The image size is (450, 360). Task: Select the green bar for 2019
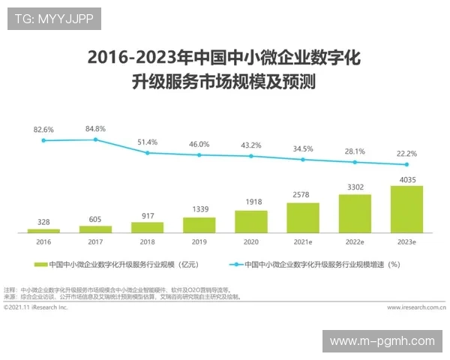(x=199, y=224)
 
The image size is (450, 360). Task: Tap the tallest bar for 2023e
(x=406, y=208)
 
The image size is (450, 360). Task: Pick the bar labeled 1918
(x=251, y=220)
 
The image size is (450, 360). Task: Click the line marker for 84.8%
(x=95, y=139)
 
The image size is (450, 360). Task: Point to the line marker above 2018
(x=148, y=152)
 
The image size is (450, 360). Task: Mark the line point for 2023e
(x=406, y=164)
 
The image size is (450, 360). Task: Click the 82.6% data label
(x=43, y=129)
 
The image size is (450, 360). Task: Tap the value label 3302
(x=355, y=187)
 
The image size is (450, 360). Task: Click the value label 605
(x=95, y=218)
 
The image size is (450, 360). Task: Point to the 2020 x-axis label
(x=251, y=242)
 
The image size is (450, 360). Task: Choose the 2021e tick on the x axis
(x=303, y=242)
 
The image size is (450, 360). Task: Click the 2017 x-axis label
(x=95, y=242)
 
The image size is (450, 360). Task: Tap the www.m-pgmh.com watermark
(x=382, y=341)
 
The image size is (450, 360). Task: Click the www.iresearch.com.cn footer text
(x=416, y=307)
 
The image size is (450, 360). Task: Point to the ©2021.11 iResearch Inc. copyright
(x=35, y=307)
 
